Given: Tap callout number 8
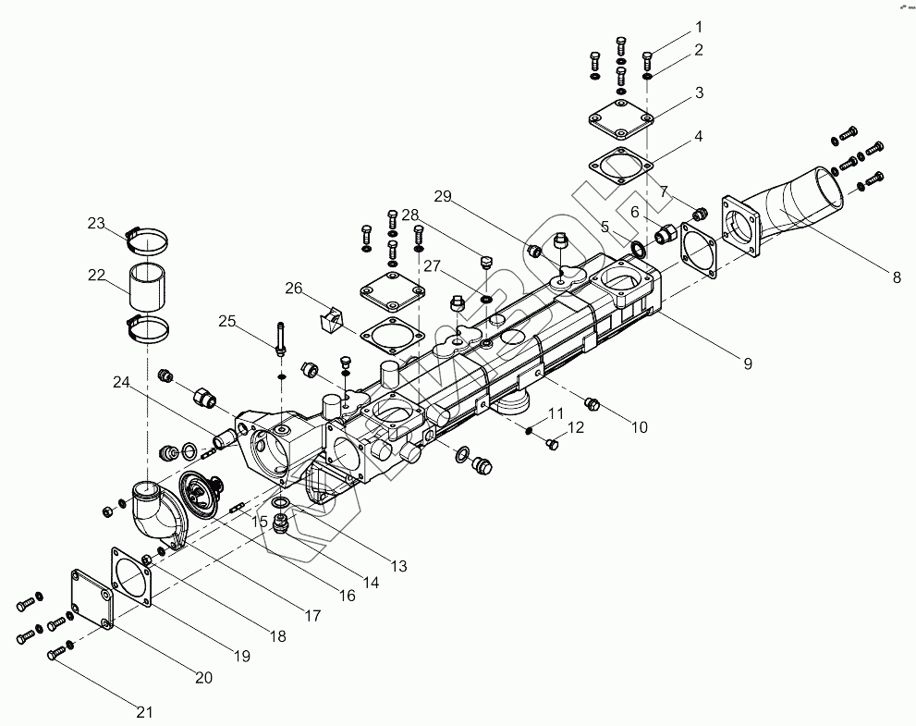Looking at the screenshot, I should pos(895,276).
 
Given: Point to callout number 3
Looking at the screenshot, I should pos(700,92).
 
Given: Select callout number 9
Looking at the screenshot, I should pos(747,363).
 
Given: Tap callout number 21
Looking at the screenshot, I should pos(143,711).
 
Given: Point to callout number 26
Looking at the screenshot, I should pos(293,289).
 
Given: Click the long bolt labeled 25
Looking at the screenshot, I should pos(279,337).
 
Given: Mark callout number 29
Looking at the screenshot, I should pos(443,196).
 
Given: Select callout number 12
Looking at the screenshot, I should pos(576,427).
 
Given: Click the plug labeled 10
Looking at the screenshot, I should pos(593,404).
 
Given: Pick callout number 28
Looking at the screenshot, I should pos(410,215).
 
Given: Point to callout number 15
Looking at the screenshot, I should pos(260,523).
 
